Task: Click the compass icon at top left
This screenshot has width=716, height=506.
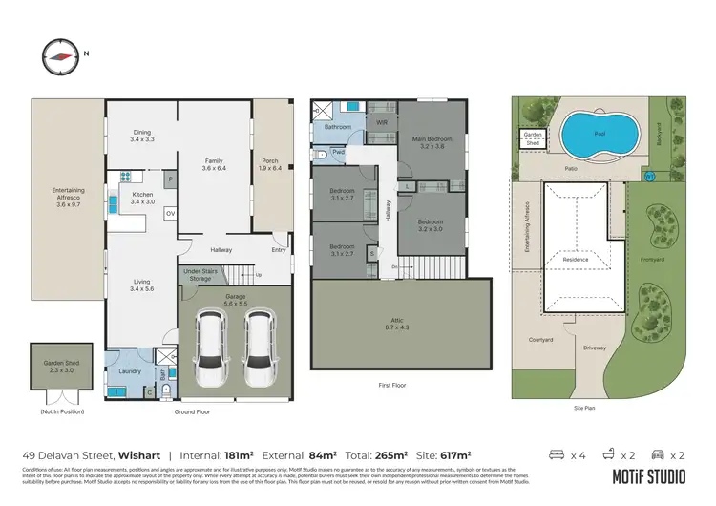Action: coord(58,54)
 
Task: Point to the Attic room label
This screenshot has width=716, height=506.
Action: coord(400,322)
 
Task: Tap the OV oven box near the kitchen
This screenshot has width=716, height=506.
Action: coord(170,213)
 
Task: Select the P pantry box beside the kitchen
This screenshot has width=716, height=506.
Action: coord(170,178)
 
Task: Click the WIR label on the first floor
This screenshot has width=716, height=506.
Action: coord(381,123)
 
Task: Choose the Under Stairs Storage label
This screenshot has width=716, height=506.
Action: coord(203,276)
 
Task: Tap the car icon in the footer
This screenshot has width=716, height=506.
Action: coord(656,454)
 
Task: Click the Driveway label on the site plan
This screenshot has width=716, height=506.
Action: coord(594,348)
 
